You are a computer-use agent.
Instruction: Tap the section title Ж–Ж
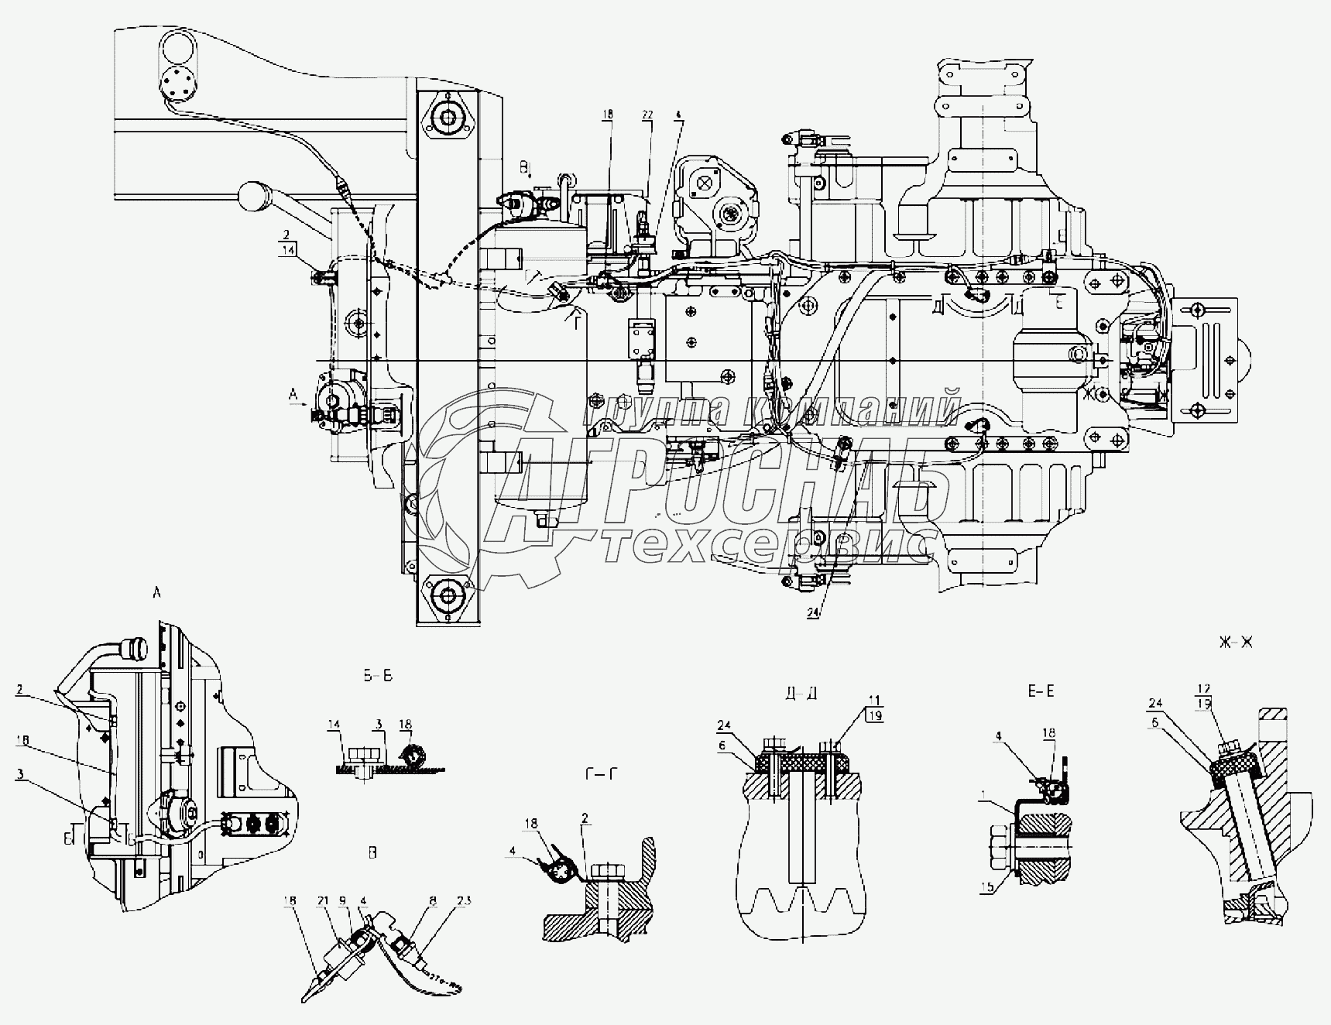pyautogui.click(x=1236, y=643)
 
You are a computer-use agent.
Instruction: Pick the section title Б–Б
pyautogui.click(x=378, y=676)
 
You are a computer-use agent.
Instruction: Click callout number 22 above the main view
pyautogui.click(x=647, y=115)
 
